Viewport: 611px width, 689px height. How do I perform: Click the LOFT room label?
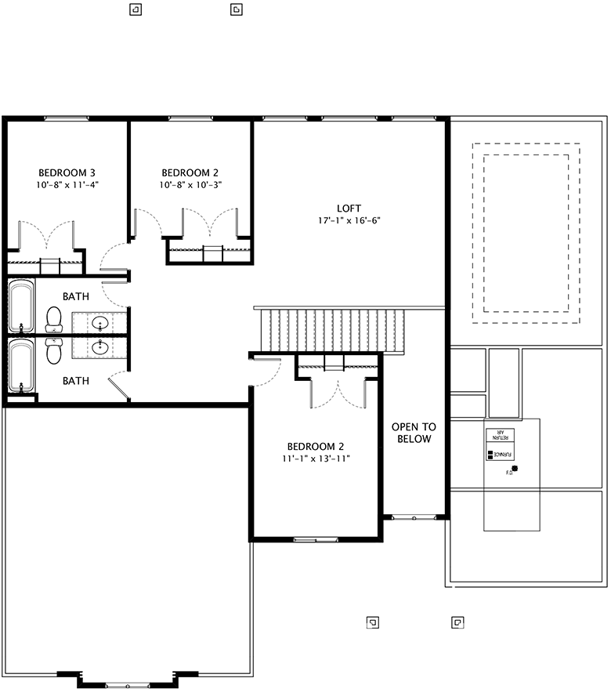[x=349, y=208]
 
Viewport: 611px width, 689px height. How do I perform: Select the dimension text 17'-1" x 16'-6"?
[x=349, y=221]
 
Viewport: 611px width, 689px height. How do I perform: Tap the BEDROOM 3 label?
[x=67, y=172]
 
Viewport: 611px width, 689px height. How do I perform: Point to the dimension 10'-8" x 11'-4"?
[x=67, y=185]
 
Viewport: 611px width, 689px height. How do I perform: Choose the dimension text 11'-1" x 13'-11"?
[x=316, y=458]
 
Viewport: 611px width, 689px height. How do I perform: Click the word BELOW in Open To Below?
[x=414, y=439]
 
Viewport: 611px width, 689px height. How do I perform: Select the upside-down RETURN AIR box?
[x=499, y=437]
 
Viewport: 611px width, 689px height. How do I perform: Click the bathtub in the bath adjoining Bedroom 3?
[x=21, y=305]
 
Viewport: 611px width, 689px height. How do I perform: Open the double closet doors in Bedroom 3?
[x=49, y=235]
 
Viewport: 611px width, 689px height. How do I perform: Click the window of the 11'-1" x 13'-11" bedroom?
[x=316, y=539]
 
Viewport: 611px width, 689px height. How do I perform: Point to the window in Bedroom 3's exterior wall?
[x=67, y=118]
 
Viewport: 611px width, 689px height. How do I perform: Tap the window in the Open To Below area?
[x=414, y=517]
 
